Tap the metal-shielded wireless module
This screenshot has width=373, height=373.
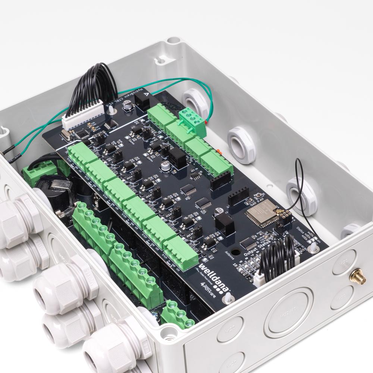pyautogui.click(x=261, y=213)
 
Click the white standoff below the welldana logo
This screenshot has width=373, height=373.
pyautogui.click(x=227, y=297)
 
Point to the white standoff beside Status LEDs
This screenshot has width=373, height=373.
pyautogui.click(x=313, y=247)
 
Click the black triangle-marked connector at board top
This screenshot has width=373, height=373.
pyautogui.click(x=144, y=98)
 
